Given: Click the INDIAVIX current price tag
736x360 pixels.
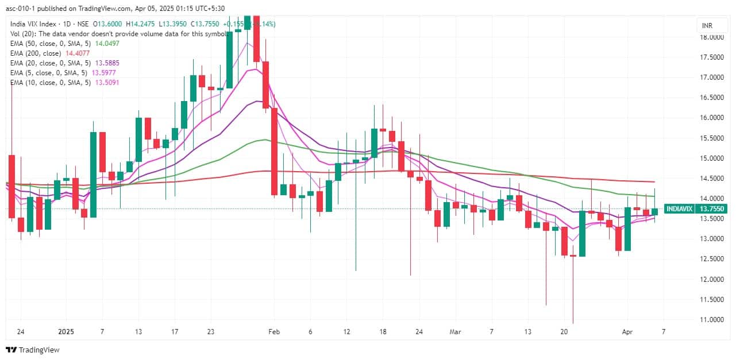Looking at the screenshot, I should pos(695,209).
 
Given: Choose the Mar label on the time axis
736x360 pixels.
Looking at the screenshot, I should pos(456,332).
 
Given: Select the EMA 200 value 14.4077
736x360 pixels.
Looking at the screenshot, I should pos(82,53).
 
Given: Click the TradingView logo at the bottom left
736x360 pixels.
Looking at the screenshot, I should pos(33,350).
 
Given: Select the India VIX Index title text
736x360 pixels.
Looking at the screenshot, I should pos(33,24).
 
